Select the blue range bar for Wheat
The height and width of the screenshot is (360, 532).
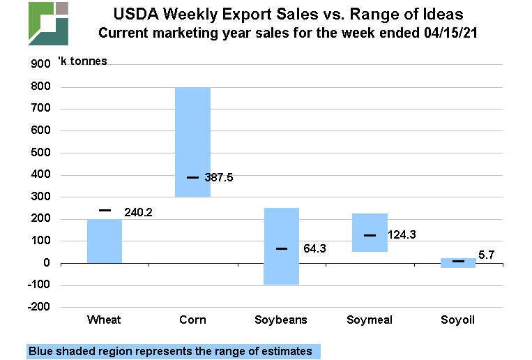click(105, 241)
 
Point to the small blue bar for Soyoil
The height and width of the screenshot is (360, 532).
click(458, 263)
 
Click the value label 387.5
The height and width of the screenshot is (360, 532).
click(218, 178)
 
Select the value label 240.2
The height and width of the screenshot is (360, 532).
click(138, 212)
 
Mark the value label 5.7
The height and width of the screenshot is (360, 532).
click(487, 255)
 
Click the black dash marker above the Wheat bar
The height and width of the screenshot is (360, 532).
click(105, 210)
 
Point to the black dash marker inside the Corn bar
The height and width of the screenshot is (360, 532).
click(193, 177)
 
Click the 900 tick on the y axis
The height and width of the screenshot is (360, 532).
click(41, 64)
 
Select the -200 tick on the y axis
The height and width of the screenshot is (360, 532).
click(39, 307)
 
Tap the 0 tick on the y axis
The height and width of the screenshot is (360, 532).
click(47, 263)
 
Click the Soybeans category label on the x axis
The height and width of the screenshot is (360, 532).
click(281, 320)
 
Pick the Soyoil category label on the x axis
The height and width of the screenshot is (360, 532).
click(458, 320)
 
